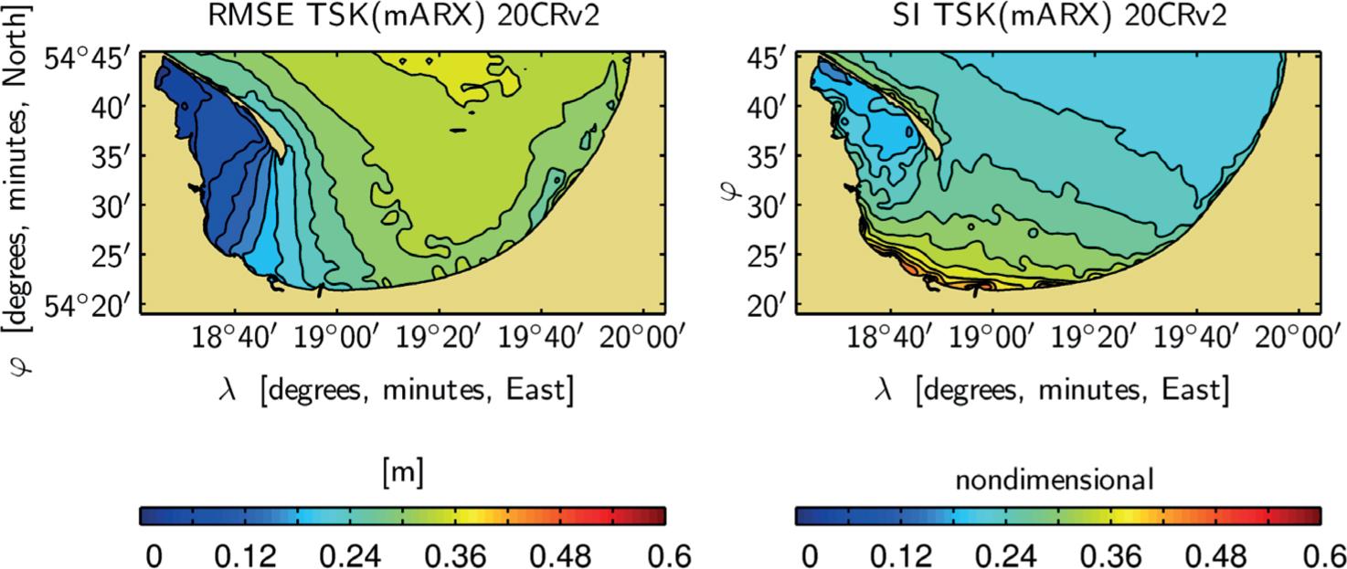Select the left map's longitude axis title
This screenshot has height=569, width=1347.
(x=398, y=390)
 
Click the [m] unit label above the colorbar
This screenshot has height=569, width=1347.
(x=402, y=475)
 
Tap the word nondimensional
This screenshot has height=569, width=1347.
(x=1057, y=477)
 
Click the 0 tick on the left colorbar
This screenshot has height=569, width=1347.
(x=153, y=554)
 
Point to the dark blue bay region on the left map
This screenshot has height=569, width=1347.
(x=206, y=164)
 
